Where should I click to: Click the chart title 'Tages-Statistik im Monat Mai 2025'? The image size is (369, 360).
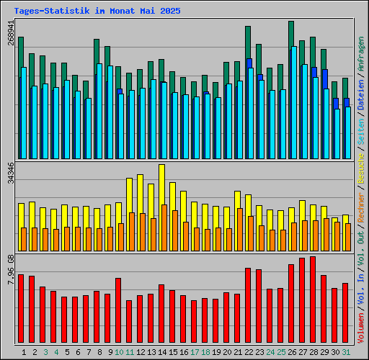pyautogui.click(x=97, y=12)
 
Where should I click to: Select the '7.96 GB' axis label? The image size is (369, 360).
pyautogui.click(x=11, y=270)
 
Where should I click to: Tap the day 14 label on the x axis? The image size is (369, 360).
pyautogui.click(x=162, y=352)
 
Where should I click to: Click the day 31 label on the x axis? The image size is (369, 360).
pyautogui.click(x=346, y=352)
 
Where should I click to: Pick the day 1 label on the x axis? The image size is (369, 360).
pyautogui.click(x=25, y=352)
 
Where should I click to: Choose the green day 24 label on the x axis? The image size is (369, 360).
pyautogui.click(x=270, y=352)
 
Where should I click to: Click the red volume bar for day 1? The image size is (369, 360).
pyautogui.click(x=21, y=309)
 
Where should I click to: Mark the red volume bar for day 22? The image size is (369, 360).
pyautogui.click(x=248, y=306)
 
